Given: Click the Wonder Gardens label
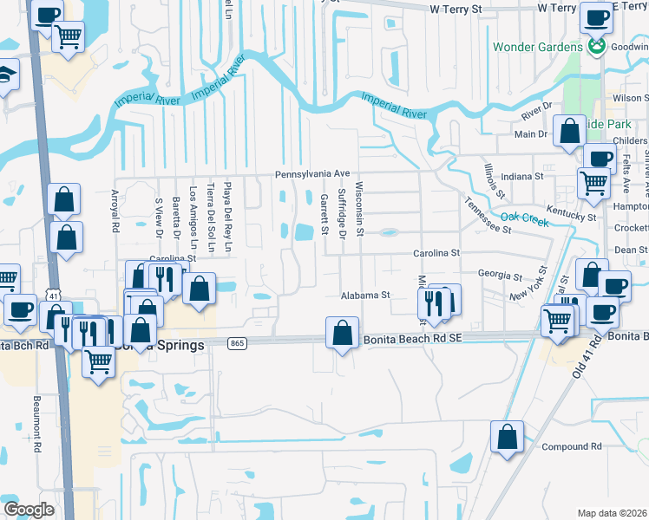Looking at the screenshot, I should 539,46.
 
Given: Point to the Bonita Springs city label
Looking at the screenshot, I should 172,344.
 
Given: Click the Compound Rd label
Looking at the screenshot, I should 571,446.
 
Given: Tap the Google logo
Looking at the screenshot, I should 29,509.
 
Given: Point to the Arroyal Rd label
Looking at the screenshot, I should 115,212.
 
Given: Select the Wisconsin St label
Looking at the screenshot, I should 359,212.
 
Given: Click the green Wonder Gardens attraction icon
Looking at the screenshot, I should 597,46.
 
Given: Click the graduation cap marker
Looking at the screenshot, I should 7,75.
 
